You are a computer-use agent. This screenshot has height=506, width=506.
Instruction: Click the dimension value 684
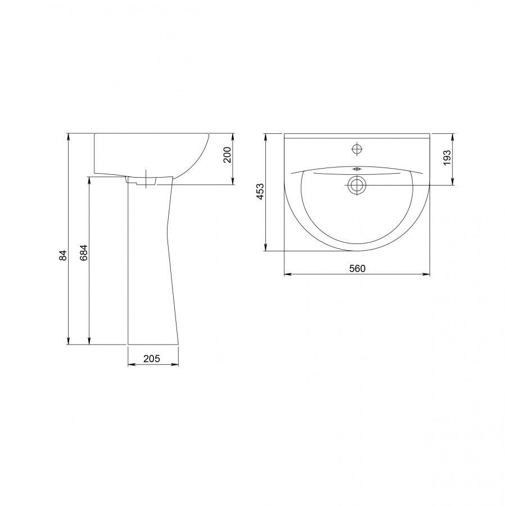click(x=84, y=253)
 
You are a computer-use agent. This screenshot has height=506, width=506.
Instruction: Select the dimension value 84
click(x=64, y=255)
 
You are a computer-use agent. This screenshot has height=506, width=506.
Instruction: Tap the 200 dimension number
click(x=228, y=155)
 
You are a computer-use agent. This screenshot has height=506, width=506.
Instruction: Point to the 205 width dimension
click(x=152, y=358)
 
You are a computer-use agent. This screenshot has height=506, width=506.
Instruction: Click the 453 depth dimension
click(x=260, y=191)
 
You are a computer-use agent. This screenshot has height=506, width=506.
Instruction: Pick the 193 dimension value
click(x=447, y=158)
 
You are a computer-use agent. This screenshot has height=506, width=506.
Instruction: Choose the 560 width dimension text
click(x=357, y=268)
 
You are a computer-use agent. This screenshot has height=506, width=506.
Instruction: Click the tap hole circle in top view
click(x=357, y=149)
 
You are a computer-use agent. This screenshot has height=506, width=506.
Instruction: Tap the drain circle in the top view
click(x=356, y=185)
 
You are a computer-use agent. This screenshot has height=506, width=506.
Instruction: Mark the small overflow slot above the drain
click(x=357, y=169)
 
